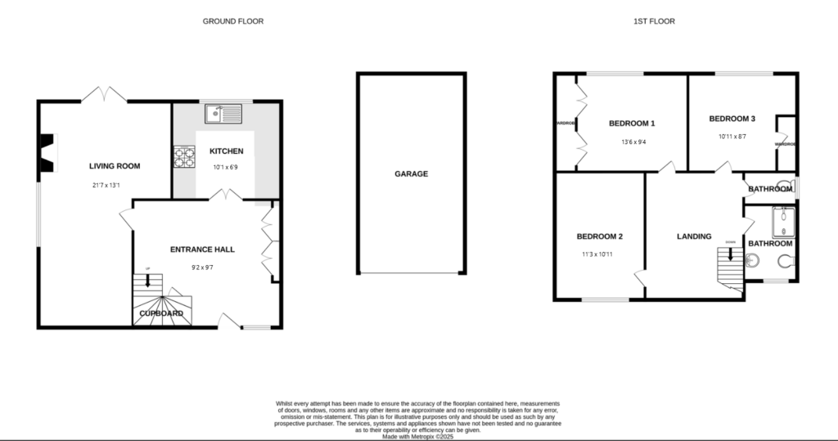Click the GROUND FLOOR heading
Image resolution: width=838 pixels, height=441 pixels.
point(233,21)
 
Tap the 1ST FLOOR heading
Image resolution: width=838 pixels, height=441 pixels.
point(654,21)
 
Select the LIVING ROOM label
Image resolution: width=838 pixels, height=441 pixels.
point(115,166)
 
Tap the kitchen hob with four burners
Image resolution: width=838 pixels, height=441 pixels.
point(184,156)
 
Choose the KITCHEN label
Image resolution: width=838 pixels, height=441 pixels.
point(227,151)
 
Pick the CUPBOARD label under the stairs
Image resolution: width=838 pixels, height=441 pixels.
point(161,313)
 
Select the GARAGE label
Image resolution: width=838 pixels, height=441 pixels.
point(411,173)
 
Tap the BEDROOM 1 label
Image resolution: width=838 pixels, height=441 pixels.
point(632,124)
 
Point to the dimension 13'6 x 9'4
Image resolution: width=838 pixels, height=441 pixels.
point(632,141)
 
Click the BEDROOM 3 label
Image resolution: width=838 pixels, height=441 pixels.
point(732,119)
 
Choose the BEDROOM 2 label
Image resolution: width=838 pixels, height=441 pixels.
point(600,236)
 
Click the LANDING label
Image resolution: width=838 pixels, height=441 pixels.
point(694,236)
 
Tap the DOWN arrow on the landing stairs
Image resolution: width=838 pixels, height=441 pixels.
point(731,254)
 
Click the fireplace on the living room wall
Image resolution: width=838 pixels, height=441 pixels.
point(48,154)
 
